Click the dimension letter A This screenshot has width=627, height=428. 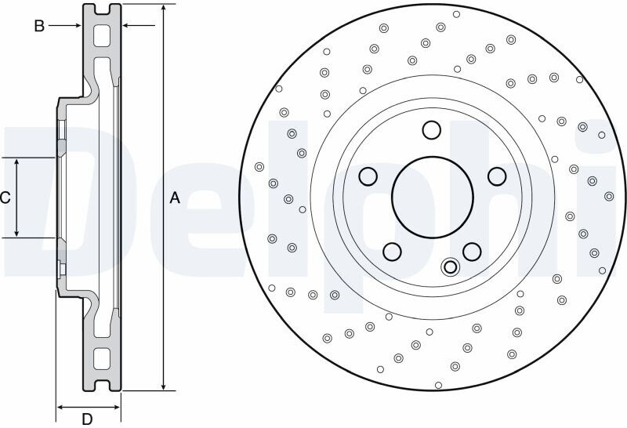point(175,198)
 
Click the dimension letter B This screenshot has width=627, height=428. point(39,26)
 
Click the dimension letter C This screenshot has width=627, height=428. point(5,198)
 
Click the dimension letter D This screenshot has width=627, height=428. point(87,419)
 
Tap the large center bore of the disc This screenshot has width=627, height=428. point(433,198)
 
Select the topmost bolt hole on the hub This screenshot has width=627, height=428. point(432,130)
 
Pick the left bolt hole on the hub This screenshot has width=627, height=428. point(368,176)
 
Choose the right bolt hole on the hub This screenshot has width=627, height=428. point(497,176)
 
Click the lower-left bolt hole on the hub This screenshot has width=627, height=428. point(392,251)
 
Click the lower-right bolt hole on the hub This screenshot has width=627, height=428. point(472,251)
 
